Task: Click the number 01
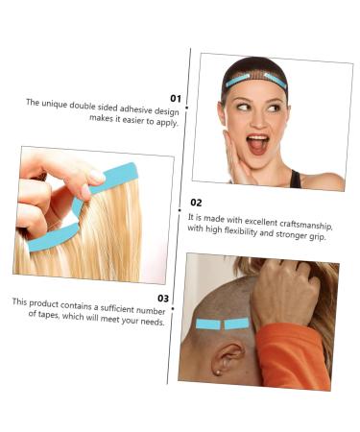tap(176, 98)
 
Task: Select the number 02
tap(196, 203)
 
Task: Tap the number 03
tap(163, 298)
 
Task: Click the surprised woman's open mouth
tap(257, 144)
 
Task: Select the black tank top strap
tap(294, 179)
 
